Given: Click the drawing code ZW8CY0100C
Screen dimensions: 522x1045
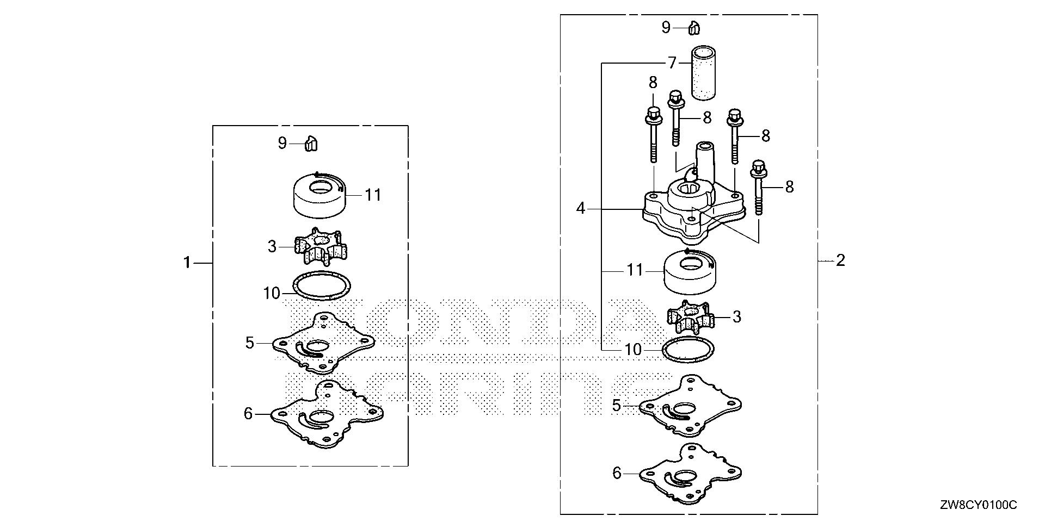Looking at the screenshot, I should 985,506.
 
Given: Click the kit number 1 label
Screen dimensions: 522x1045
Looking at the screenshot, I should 187,263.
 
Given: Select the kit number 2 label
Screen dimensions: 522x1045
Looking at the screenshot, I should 840,260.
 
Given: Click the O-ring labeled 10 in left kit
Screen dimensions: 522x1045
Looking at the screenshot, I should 322,285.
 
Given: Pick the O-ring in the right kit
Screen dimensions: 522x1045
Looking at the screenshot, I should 688,350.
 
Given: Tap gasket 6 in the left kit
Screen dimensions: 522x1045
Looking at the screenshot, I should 327,415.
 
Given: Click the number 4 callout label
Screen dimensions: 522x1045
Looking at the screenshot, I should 581,208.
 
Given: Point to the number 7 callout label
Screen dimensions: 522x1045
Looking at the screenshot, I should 672,63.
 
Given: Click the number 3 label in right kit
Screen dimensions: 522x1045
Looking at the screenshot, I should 736,316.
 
